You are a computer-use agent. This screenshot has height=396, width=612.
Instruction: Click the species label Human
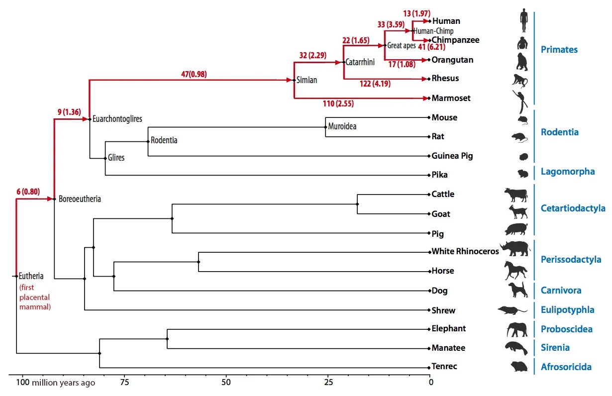[x=446, y=21]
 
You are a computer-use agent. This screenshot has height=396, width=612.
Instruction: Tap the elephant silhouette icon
[x=517, y=329]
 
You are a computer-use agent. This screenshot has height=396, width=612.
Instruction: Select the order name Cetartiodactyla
[x=573, y=208]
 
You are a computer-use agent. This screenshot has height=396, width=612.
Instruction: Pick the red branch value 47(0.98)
[x=194, y=75]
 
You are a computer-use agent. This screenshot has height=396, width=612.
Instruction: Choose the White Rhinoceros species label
[x=465, y=251]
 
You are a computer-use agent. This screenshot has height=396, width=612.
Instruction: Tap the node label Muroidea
[x=342, y=126]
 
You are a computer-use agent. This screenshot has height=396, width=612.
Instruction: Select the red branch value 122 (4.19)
[x=375, y=84]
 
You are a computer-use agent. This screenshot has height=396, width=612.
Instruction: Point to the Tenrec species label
[x=444, y=367]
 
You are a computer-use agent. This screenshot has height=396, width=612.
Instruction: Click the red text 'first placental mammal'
[x=35, y=297]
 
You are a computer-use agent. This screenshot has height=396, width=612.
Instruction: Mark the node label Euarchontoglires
[x=117, y=119]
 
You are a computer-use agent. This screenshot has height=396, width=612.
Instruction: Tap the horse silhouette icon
[x=515, y=271]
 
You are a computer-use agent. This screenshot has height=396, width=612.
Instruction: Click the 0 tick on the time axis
[x=431, y=382]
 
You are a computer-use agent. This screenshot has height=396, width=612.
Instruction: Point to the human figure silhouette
[x=523, y=20]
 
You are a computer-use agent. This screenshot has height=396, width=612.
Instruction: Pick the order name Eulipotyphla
[x=567, y=310]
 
